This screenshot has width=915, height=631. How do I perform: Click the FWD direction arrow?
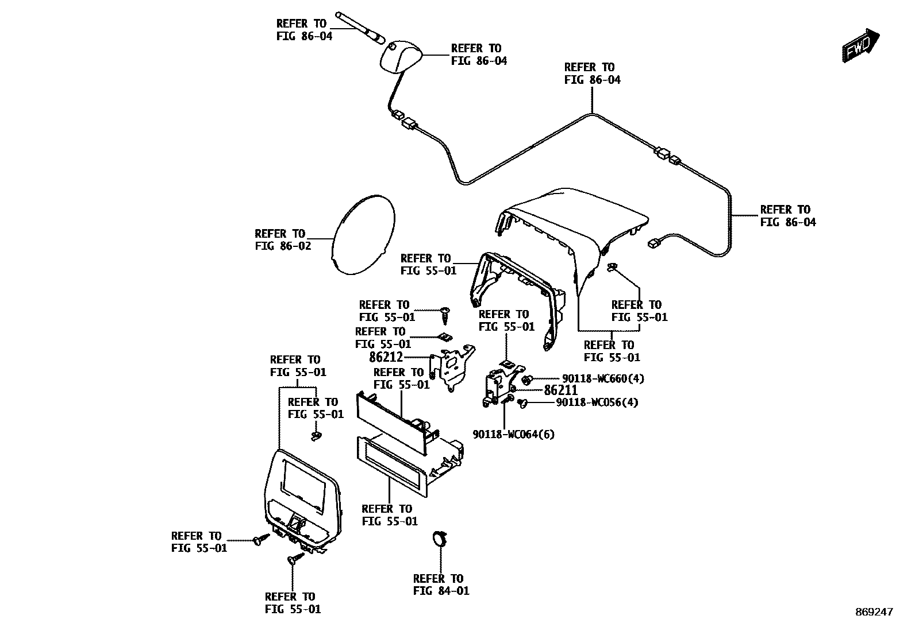pos(862,44)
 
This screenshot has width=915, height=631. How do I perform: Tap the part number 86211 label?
pos(560,390)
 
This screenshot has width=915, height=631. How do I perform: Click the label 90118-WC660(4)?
pos(603,378)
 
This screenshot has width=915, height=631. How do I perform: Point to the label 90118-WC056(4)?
pos(597,402)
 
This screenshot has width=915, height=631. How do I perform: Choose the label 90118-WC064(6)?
pos(514,434)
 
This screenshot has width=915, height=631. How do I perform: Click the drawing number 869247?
pos(873,613)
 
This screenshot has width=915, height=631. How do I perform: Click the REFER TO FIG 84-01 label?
pos(441,584)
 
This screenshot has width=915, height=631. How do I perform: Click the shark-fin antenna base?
pos(399,58)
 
